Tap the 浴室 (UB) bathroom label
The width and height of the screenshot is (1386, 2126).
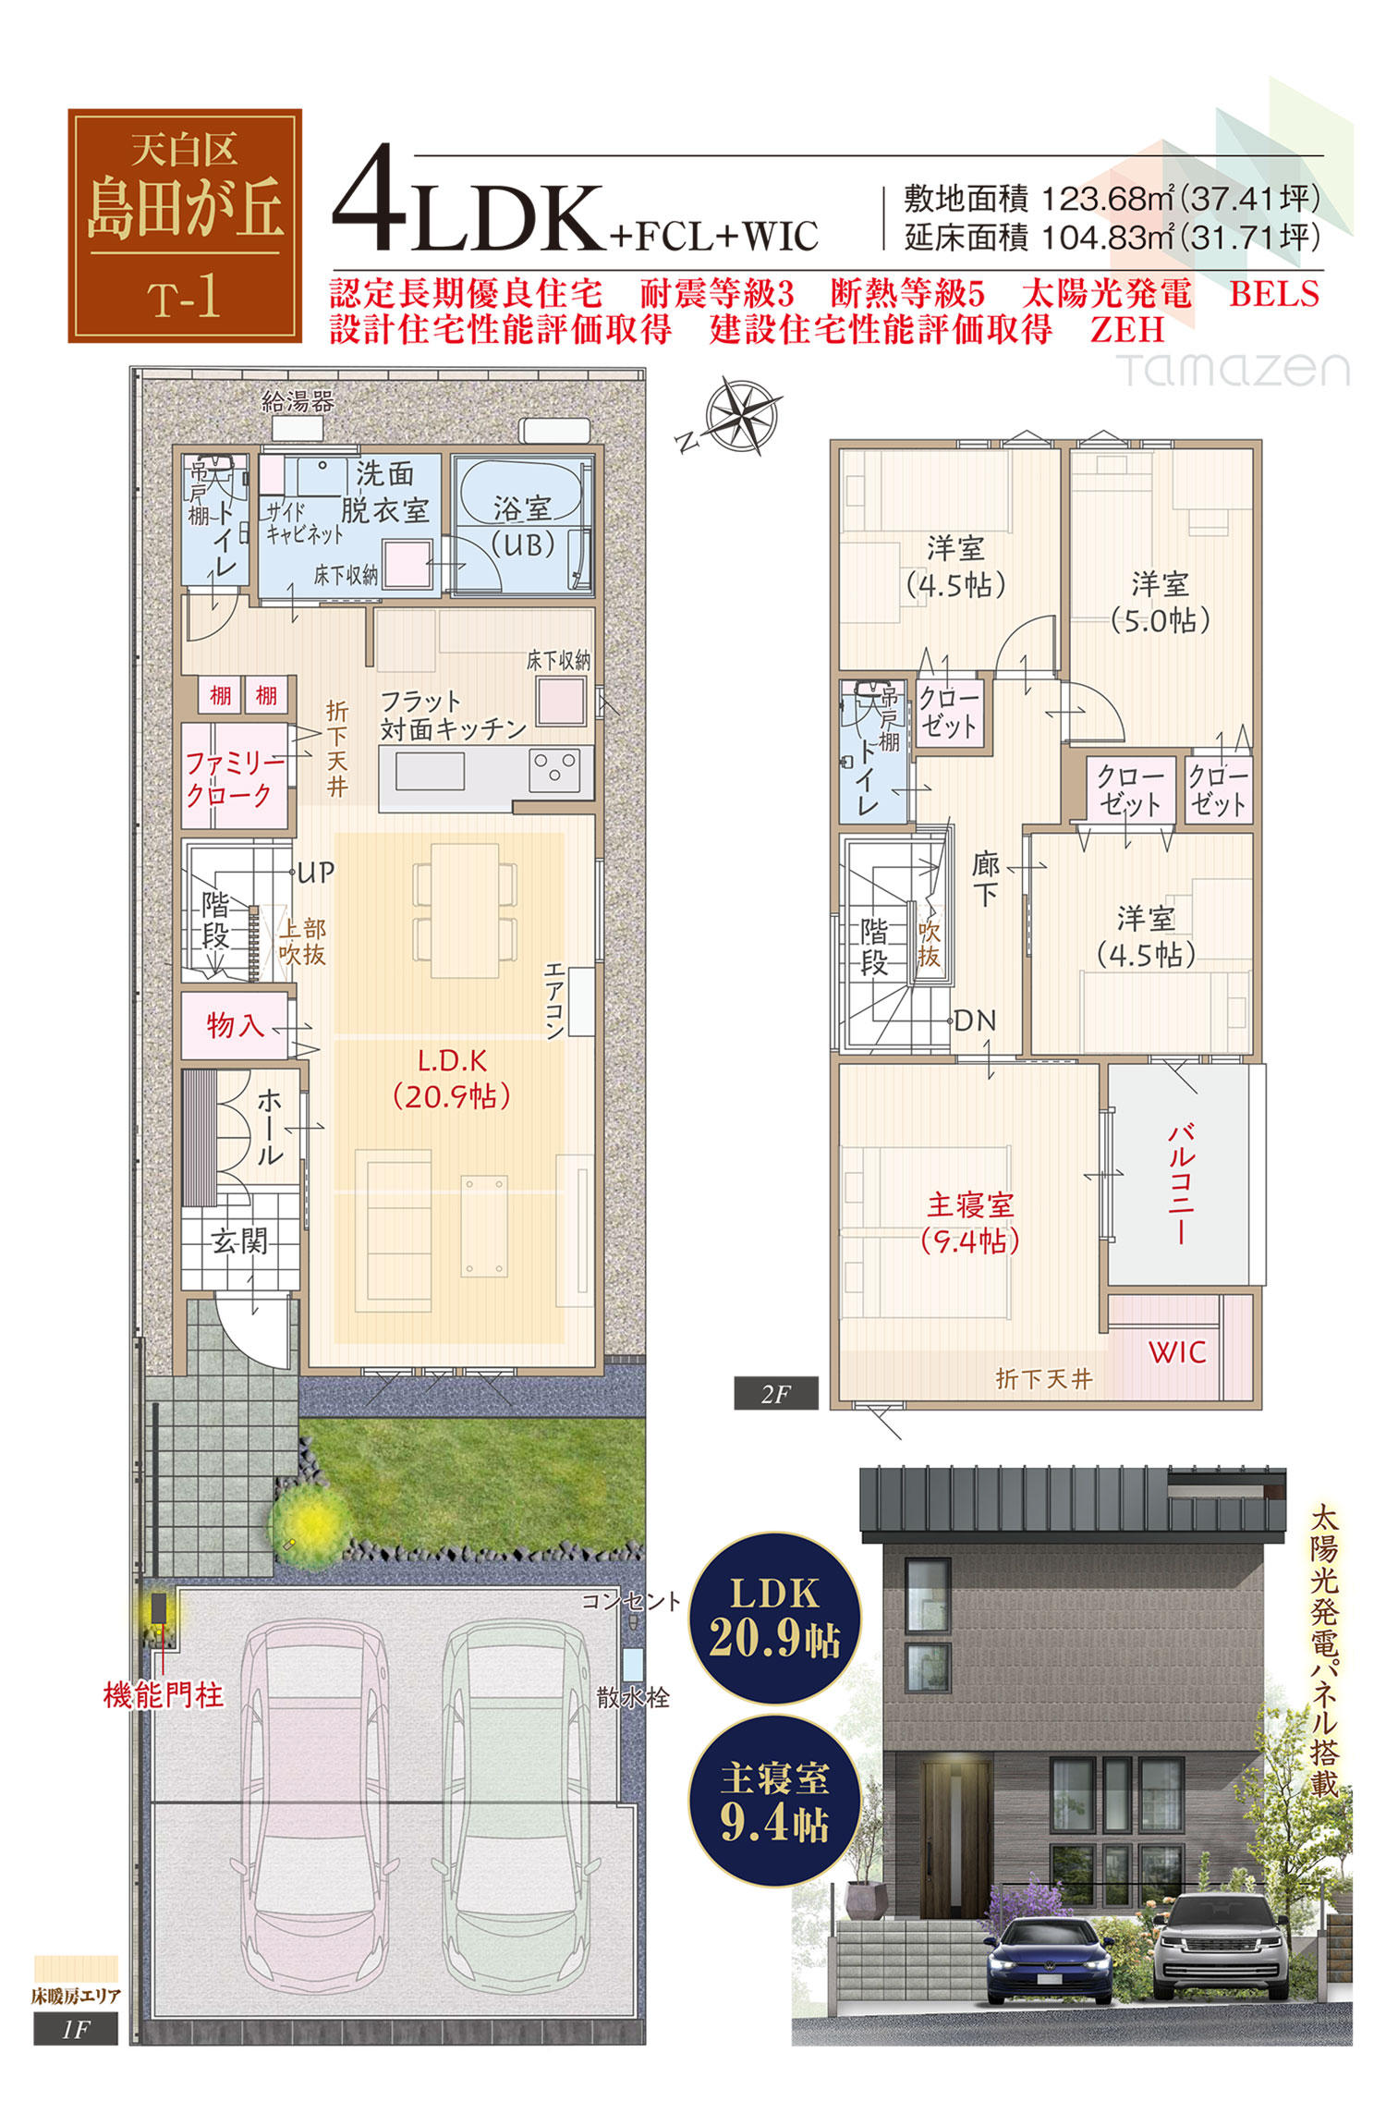click(522, 525)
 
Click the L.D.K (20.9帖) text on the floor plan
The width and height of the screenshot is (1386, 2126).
click(452, 1079)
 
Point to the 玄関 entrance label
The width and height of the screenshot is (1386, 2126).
click(238, 1240)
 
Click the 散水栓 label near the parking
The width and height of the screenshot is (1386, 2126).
click(633, 1696)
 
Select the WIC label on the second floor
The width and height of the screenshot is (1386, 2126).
click(1177, 1352)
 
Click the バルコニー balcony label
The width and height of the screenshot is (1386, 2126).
click(1182, 1184)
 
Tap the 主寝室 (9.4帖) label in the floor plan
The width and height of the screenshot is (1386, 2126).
click(970, 1222)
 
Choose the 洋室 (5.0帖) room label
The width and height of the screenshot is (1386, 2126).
click(1161, 601)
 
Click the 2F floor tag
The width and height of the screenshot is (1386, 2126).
click(776, 1394)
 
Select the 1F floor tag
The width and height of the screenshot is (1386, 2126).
click(76, 2029)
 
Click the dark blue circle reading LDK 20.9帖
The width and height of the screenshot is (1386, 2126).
click(776, 1618)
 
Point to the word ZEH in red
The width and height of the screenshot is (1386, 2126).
click(1127, 330)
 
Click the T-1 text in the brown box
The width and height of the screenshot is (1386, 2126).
click(185, 298)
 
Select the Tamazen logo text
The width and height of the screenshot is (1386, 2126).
click(1234, 369)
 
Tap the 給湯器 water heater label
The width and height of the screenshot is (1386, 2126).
click(298, 402)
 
